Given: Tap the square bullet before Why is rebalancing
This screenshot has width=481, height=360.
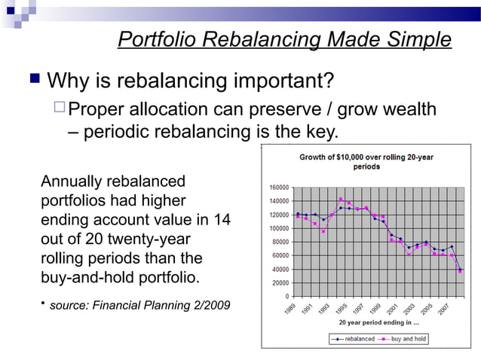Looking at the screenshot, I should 33,79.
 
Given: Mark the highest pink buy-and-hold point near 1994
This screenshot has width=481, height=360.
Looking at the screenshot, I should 341,200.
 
